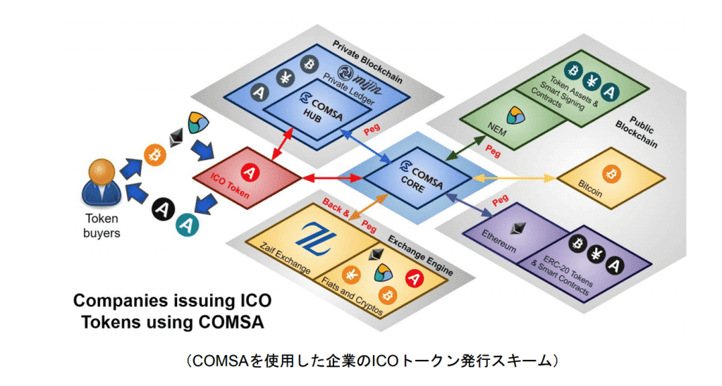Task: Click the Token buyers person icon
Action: pyautogui.click(x=102, y=185)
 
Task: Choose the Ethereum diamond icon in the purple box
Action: pyautogui.click(x=522, y=228)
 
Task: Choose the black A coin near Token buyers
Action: pyautogui.click(x=164, y=208)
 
